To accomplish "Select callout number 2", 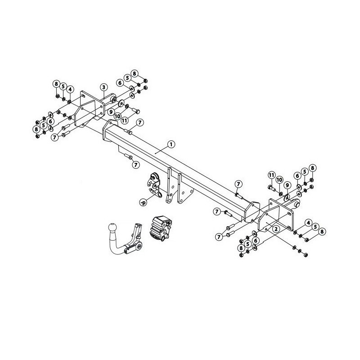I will point(275,229).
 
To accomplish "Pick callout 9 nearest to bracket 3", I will point(110,111).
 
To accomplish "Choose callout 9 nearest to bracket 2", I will point(287,185).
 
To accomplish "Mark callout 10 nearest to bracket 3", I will point(117,116).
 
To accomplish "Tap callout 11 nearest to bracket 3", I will point(125,121).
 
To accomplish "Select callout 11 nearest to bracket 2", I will point(271,175).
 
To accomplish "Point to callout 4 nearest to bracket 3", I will point(70,89).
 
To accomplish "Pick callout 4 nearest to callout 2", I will point(308,222).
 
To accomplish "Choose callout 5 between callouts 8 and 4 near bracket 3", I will point(63,86).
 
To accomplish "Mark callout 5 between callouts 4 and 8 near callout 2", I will point(315,226).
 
